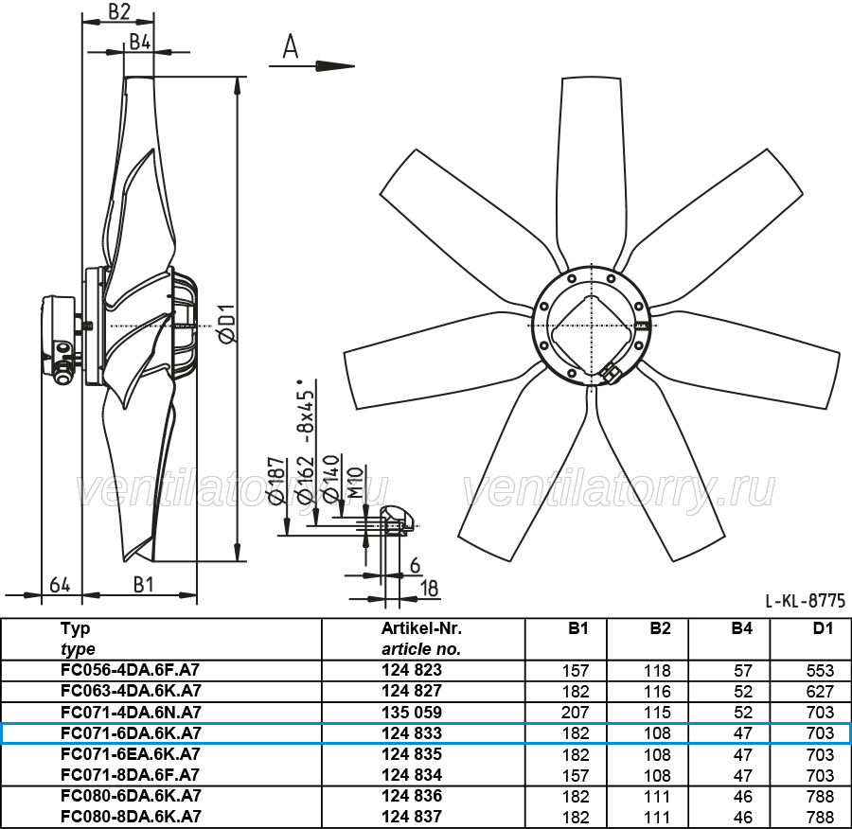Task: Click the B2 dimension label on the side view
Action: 119,10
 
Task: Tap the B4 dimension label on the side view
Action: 140,42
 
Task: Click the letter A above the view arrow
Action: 291,46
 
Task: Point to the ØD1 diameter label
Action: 227,324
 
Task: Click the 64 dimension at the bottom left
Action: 60,585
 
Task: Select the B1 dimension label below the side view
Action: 144,585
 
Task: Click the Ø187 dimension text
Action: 276,482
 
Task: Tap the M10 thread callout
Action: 354,483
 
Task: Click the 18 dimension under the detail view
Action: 430,589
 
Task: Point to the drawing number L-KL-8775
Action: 806,600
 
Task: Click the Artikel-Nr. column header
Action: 421,628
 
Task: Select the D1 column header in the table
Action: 823,628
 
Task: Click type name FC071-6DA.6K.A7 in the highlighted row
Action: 131,733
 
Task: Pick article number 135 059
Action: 412,713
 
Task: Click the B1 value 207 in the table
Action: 576,713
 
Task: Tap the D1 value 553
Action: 820,670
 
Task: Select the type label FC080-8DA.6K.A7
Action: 131,817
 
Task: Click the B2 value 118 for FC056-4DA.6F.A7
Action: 657,670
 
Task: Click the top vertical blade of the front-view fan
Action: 590,168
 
